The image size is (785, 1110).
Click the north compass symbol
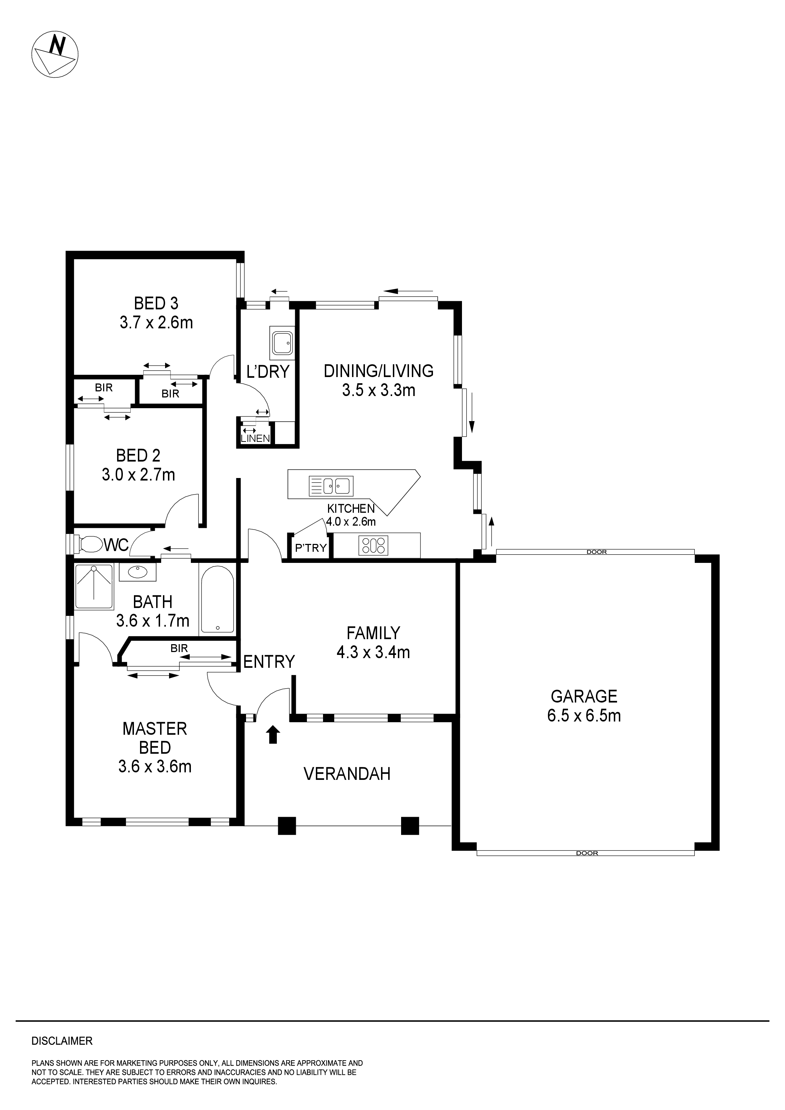click(55, 54)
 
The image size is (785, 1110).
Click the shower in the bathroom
click(94, 587)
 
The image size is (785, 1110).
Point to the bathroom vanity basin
click(138, 573)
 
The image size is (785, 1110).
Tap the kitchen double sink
click(331, 486)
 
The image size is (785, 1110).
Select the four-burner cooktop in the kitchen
click(374, 545)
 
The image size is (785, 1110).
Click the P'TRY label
click(310, 548)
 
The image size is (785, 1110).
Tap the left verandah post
click(287, 826)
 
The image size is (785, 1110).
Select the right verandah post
click(410, 826)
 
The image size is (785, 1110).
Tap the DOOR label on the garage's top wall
click(596, 552)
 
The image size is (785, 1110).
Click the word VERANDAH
click(347, 774)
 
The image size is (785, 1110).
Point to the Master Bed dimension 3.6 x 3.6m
click(155, 766)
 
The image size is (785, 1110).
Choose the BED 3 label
click(156, 304)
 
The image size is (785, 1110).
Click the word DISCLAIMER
click(62, 1041)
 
